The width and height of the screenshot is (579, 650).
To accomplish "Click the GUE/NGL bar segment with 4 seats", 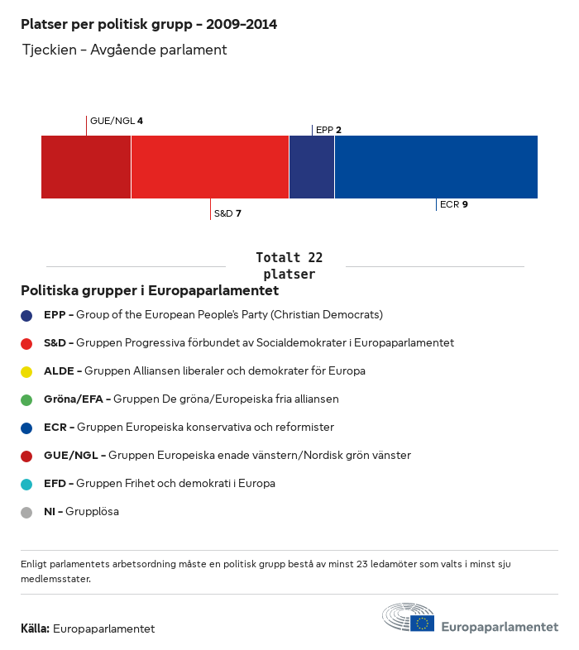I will [x=86, y=167].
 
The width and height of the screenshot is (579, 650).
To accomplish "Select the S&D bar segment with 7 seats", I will [x=210, y=167].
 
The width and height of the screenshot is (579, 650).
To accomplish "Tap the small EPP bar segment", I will [x=312, y=167].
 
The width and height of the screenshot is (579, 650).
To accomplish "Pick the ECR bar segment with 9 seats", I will [x=436, y=167].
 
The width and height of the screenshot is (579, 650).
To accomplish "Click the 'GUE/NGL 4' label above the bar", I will [x=117, y=121].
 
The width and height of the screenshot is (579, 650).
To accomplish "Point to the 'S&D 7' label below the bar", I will [x=227, y=213].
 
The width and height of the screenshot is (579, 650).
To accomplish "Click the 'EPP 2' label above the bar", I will [x=328, y=130].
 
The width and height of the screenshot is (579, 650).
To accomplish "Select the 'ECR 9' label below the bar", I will [x=454, y=204].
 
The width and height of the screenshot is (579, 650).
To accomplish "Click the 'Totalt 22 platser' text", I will [x=289, y=265].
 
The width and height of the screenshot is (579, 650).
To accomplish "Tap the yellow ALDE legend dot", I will [x=26, y=371].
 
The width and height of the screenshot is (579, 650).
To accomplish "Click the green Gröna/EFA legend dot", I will [x=26, y=399].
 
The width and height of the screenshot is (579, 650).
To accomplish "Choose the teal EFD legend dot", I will [x=26, y=484].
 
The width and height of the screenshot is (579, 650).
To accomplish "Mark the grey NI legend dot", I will [x=26, y=512].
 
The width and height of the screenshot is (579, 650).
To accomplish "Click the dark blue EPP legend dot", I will [x=26, y=315].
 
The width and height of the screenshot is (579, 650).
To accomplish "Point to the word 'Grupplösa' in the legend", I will [x=92, y=512].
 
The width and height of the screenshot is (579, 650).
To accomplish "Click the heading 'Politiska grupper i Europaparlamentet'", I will [x=150, y=291].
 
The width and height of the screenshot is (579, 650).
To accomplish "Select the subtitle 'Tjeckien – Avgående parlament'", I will [x=124, y=50].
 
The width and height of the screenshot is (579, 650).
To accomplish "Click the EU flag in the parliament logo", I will [x=423, y=624].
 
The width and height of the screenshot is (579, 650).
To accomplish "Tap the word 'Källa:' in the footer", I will [x=35, y=628].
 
